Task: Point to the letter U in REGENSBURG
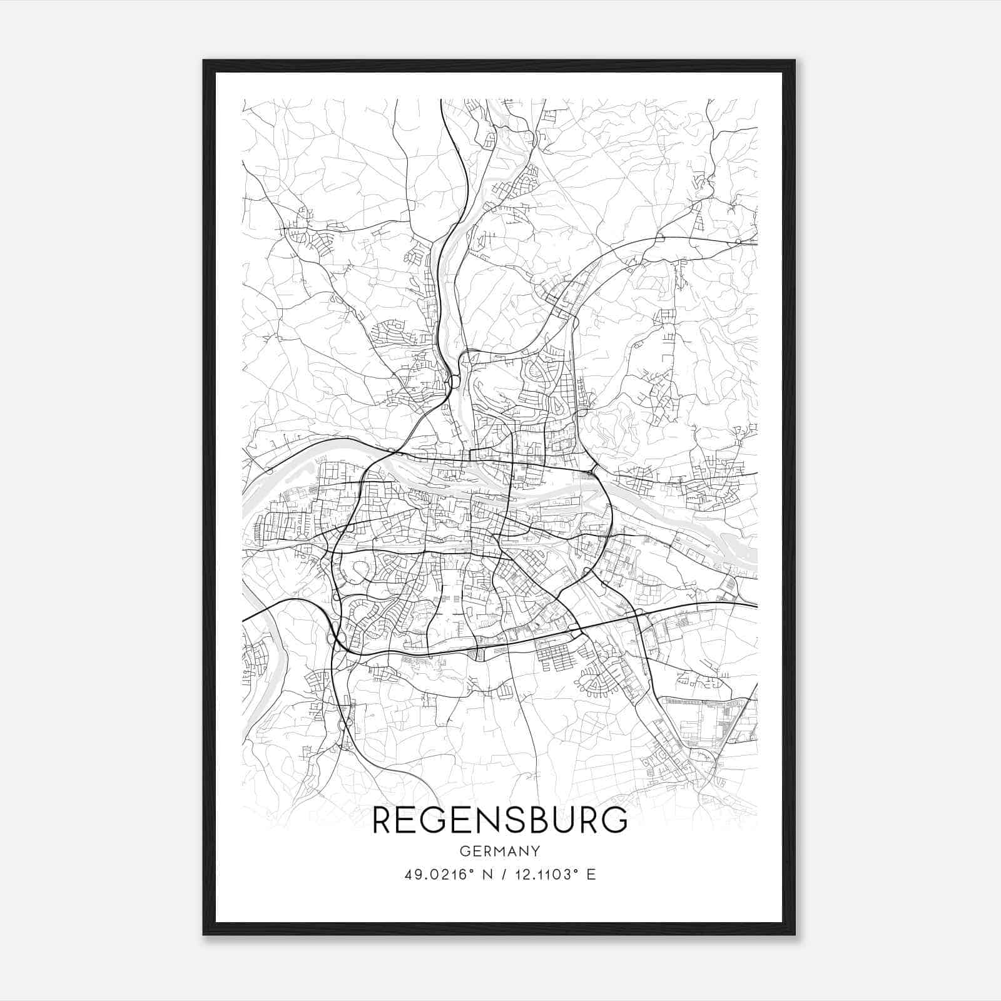tap(572, 821)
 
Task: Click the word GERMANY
tap(499, 851)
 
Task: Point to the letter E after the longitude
tap(591, 875)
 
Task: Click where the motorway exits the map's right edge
tap(756, 606)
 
